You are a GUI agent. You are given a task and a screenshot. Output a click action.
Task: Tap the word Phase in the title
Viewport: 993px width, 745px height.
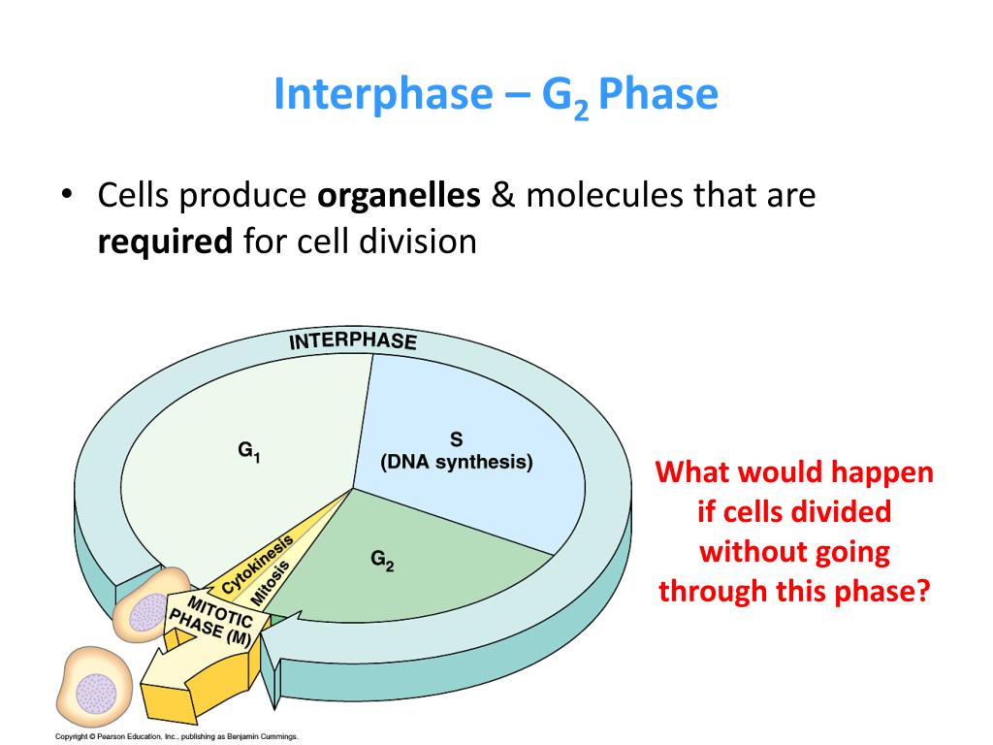tap(658, 94)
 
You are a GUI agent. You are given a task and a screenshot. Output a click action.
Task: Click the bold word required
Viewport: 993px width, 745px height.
tap(165, 241)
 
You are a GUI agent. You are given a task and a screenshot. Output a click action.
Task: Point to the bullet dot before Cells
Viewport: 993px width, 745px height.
tap(66, 195)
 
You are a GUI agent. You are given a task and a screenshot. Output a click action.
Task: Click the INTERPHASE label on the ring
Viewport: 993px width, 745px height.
tap(353, 340)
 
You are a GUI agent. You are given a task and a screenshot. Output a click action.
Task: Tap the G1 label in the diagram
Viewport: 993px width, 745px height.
tap(248, 451)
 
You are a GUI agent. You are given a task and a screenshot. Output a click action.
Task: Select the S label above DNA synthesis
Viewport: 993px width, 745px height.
tap(456, 439)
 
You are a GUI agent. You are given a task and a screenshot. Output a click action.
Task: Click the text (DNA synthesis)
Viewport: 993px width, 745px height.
tap(456, 462)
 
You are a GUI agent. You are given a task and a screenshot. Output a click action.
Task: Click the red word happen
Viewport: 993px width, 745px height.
tap(881, 472)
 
